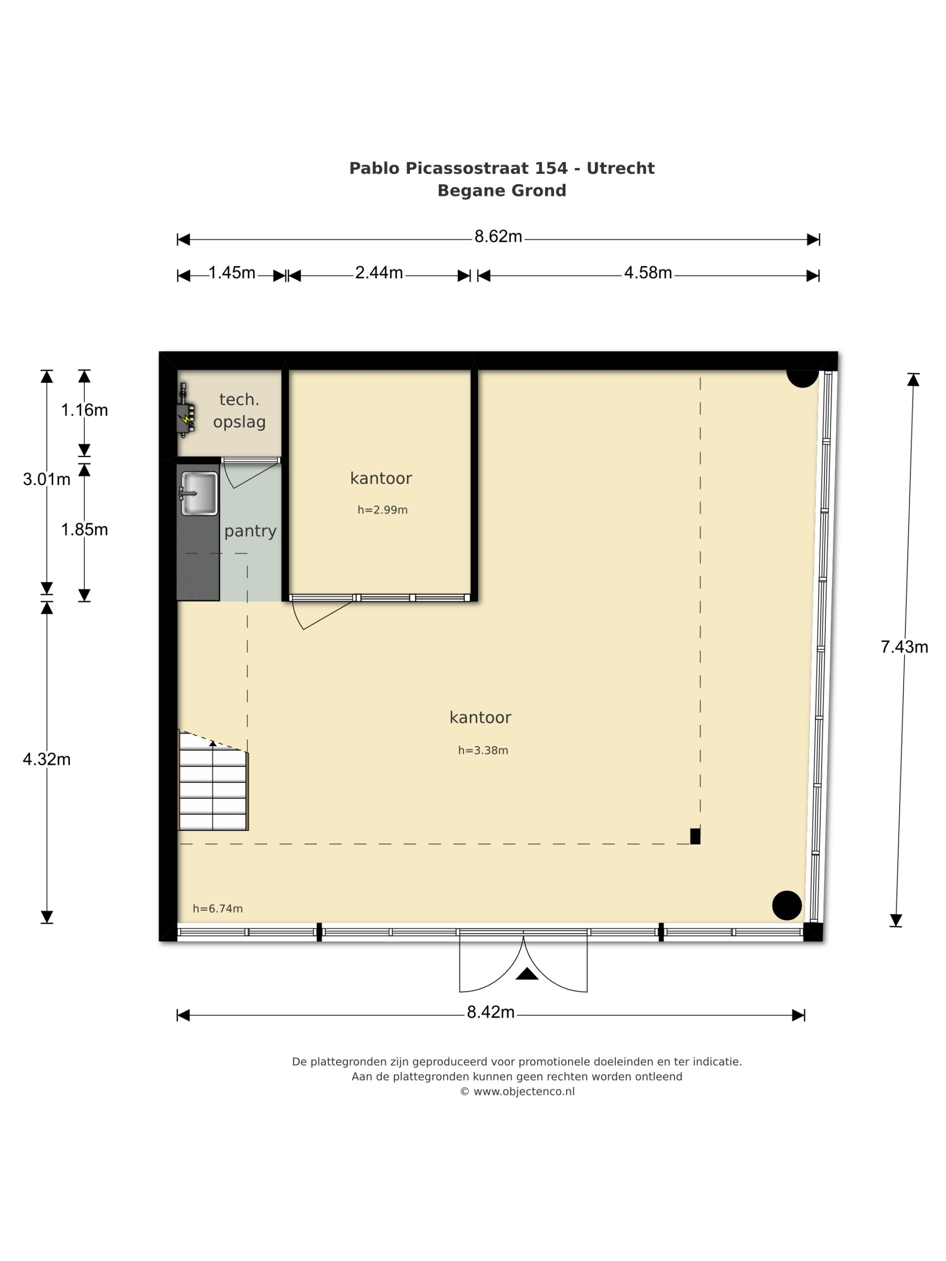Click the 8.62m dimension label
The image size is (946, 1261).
[x=498, y=236]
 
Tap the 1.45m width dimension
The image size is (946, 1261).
[x=232, y=273]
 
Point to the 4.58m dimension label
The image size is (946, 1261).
[x=648, y=273]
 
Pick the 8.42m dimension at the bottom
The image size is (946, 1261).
[x=490, y=1012]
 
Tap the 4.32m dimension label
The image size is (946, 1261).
[x=47, y=760]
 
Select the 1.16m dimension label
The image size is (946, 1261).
[x=84, y=410]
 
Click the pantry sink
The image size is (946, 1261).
[x=199, y=494]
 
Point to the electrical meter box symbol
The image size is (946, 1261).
[x=186, y=410]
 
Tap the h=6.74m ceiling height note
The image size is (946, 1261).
[x=218, y=909]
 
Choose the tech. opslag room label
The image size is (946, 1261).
[x=239, y=410]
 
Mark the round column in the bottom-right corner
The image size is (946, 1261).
[x=787, y=905]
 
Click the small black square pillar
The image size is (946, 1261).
[x=695, y=836]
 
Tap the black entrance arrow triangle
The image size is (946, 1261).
[x=527, y=974]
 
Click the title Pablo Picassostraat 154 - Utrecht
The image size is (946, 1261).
[x=502, y=168]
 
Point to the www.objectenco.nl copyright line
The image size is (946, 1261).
[x=517, y=1092]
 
